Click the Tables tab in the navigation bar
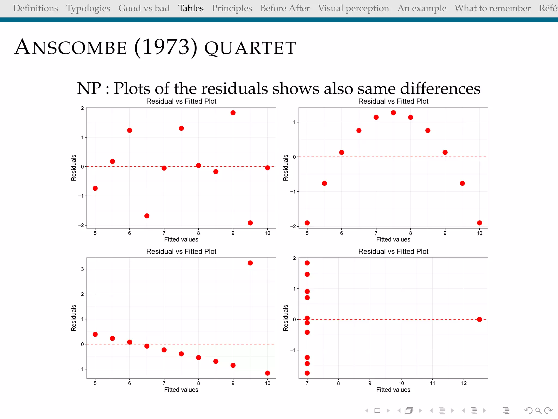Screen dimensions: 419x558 191,8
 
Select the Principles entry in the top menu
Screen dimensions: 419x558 232,8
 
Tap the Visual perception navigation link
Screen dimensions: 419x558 353,8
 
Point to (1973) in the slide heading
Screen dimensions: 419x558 166,47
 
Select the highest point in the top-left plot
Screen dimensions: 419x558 233,113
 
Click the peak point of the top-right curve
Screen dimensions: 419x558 393,113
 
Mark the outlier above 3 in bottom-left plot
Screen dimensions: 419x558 250,263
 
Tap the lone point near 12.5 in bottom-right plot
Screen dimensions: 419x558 480,319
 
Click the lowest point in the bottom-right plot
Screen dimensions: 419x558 307,373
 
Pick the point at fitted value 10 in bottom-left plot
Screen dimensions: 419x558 268,373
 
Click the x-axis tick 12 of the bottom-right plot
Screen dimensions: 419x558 464,383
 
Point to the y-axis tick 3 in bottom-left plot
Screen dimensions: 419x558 82,269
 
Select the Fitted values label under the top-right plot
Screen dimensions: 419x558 393,240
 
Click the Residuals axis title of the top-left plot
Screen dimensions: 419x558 74,168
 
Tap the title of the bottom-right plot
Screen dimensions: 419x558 393,252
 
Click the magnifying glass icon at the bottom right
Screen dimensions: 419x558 538,411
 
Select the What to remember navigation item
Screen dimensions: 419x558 493,8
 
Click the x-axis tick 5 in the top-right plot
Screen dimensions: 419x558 307,233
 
